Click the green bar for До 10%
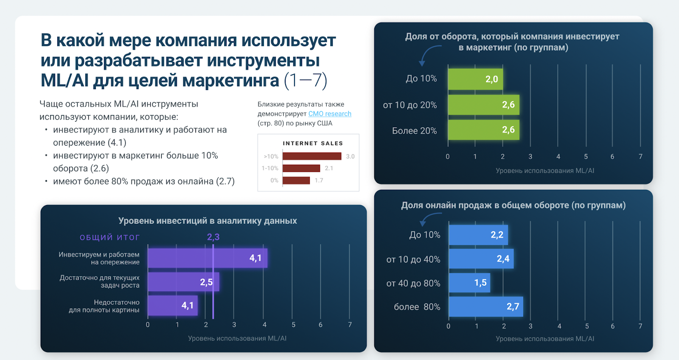(475, 79)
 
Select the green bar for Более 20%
(483, 130)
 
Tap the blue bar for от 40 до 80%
(469, 283)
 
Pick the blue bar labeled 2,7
(485, 307)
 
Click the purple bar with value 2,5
(183, 282)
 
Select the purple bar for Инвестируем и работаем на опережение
(207, 258)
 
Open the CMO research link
(330, 114)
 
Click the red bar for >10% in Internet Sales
(312, 156)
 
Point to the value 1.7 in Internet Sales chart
(319, 180)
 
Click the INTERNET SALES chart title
(313, 143)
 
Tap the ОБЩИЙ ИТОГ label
(109, 237)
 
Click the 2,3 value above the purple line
(213, 237)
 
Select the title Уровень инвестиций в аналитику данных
(208, 221)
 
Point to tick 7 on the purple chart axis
(350, 325)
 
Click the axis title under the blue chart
(545, 339)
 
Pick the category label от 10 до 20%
(410, 105)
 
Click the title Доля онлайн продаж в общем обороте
(513, 205)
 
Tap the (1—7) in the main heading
(306, 81)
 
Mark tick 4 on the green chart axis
(558, 157)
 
